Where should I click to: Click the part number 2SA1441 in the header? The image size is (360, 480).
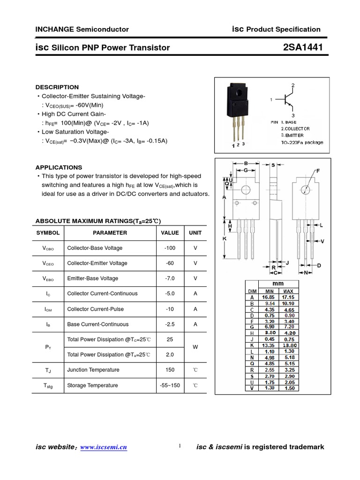pos(303,47)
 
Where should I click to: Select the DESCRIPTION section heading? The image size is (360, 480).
pos(57,87)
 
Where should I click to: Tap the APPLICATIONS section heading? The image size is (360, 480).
pos(59,167)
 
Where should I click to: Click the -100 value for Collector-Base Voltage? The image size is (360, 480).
pos(170,248)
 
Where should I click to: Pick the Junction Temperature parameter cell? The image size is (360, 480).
pos(93,370)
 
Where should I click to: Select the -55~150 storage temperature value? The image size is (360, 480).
pos(170,385)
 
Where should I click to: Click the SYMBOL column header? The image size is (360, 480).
pos(48,232)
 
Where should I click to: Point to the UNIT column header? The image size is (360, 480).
pos(195,232)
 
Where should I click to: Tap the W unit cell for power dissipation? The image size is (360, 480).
pos(195,347)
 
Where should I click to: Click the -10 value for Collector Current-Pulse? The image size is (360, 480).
pos(170,309)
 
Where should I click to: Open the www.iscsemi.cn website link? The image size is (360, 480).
pos(104,448)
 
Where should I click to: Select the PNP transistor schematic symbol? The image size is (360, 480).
pos(287,100)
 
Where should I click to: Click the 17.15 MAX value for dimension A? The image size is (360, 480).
pos(288,297)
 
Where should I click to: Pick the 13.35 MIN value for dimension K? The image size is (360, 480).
pos(268,345)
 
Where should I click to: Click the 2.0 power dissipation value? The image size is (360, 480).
pos(170,355)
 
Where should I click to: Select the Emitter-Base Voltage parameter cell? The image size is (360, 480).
pos(93,278)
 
